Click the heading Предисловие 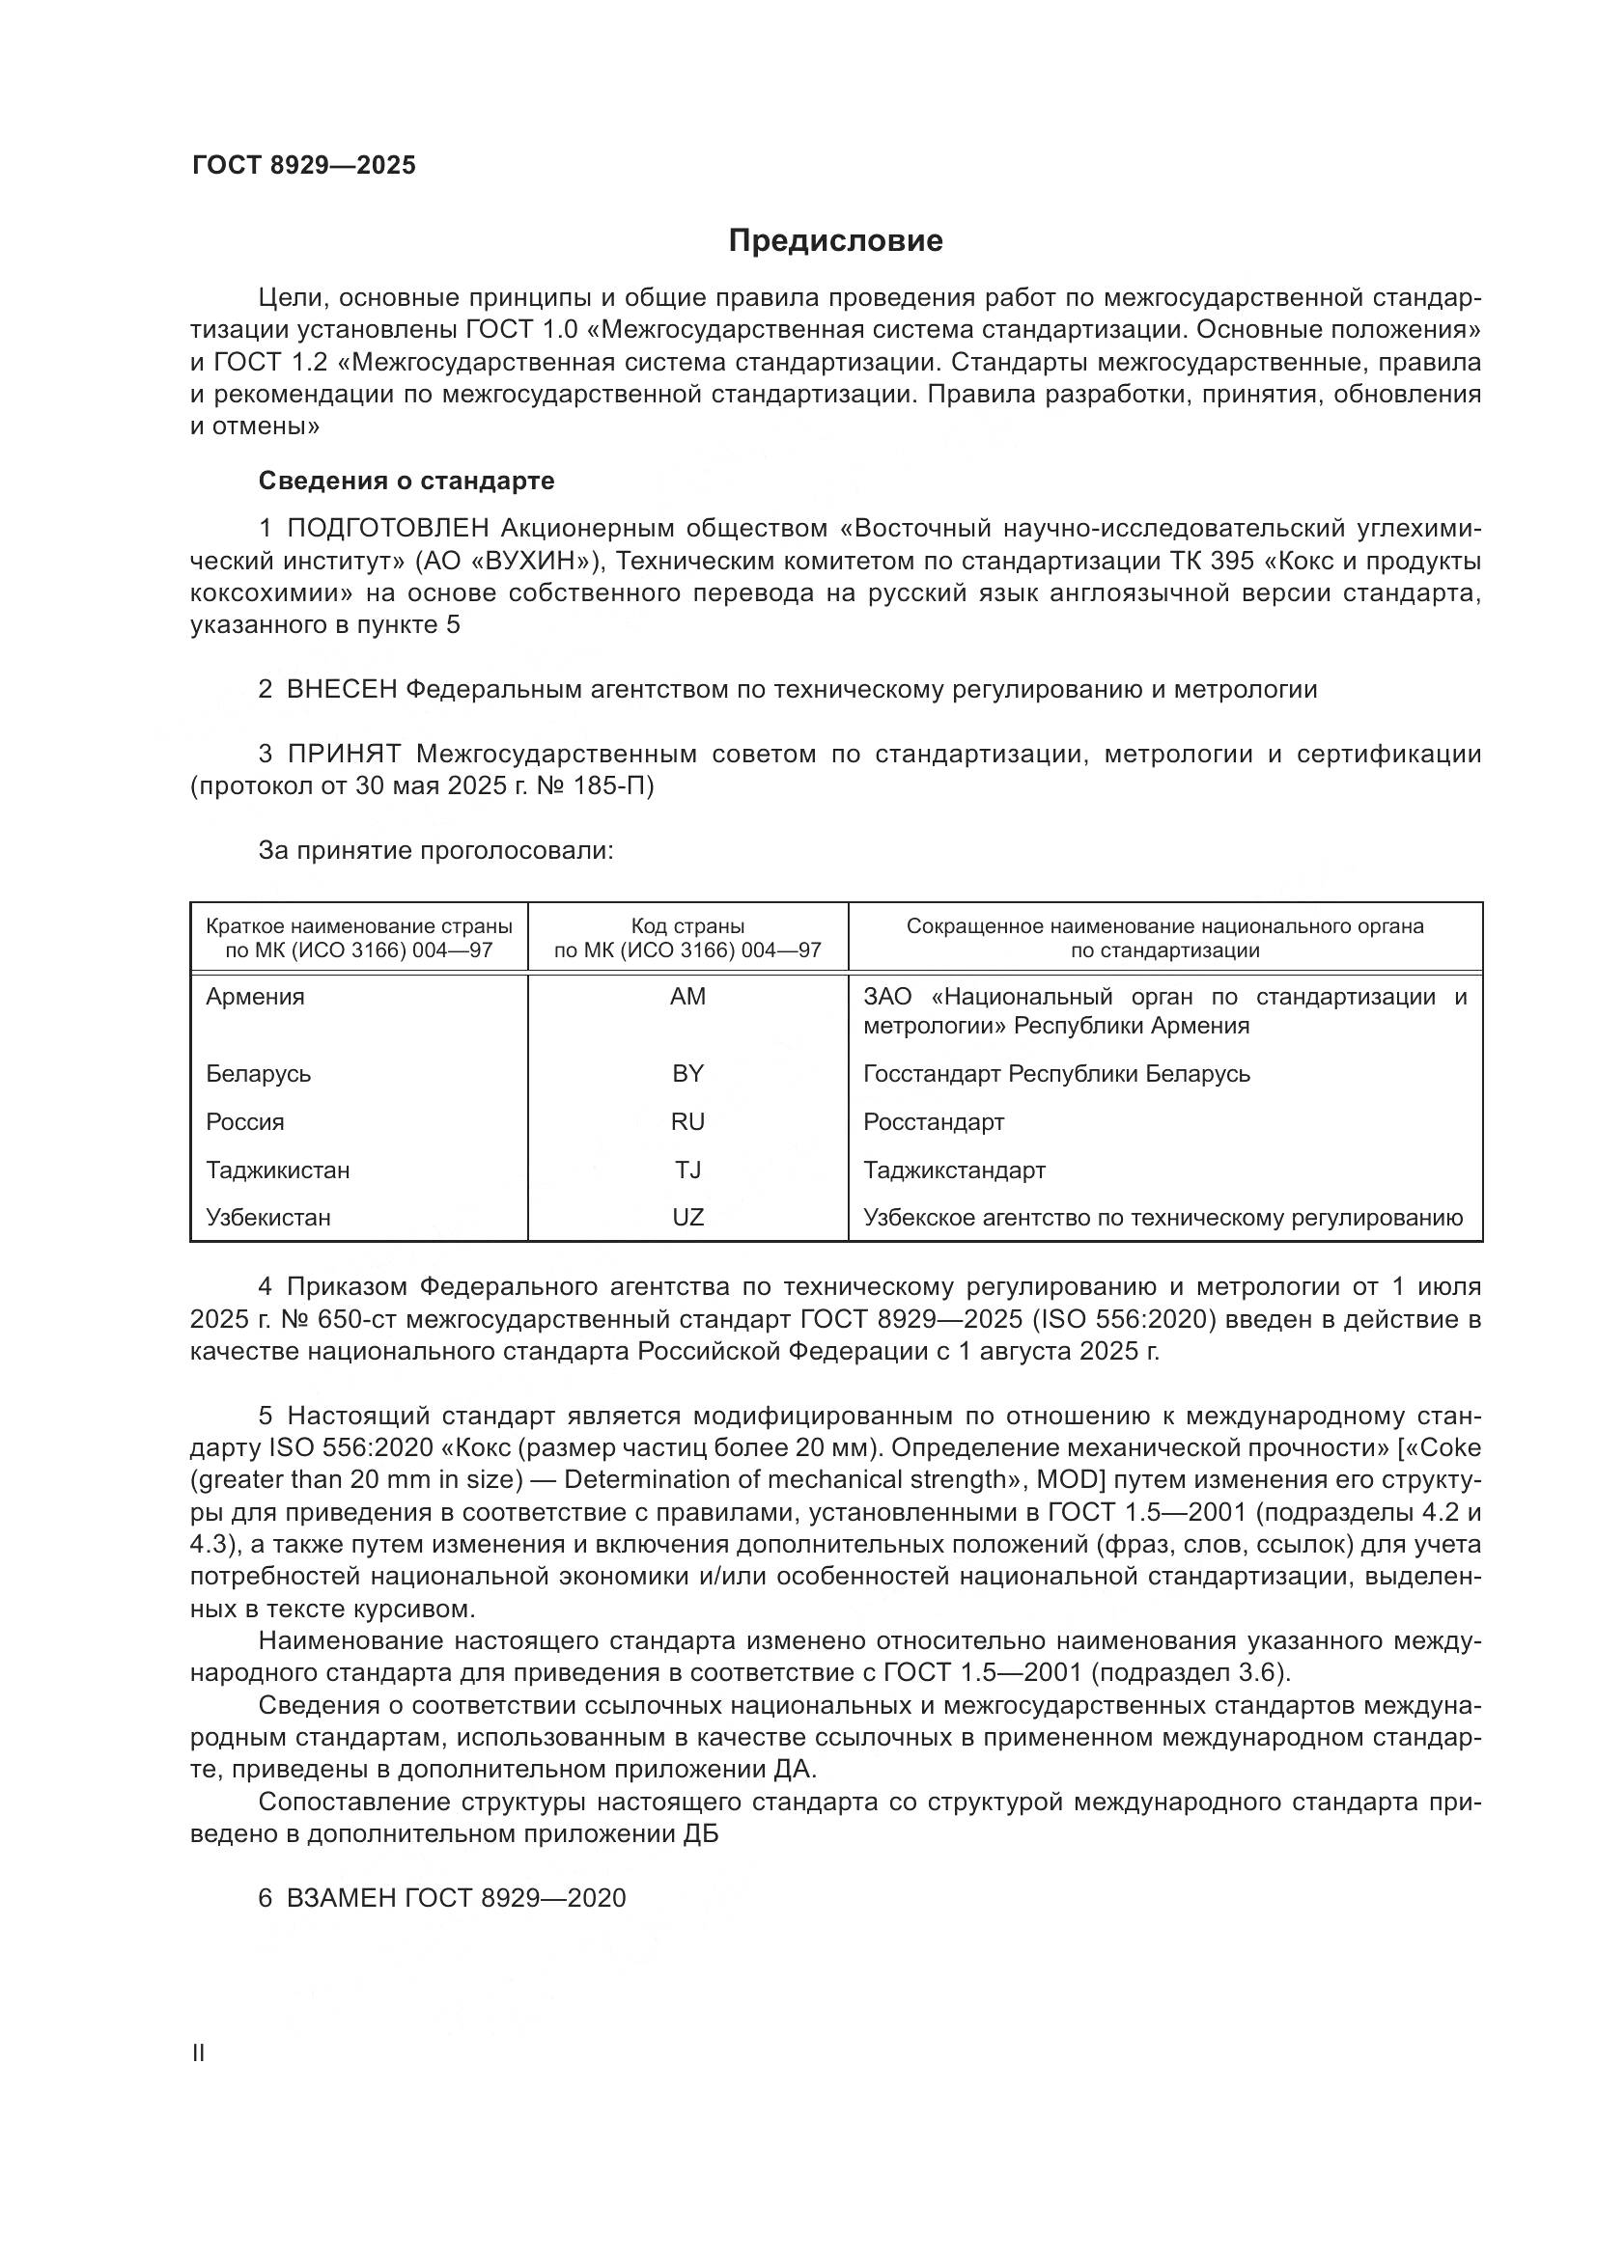(x=835, y=241)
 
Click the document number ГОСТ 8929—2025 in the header (x=303, y=165)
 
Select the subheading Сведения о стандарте (x=406, y=481)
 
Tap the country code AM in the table (x=687, y=997)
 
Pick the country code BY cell (x=687, y=1073)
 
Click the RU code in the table (x=687, y=1121)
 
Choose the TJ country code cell (x=687, y=1170)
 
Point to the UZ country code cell (x=687, y=1218)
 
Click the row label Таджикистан (x=277, y=1170)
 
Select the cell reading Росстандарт (x=934, y=1121)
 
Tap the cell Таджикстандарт (x=954, y=1170)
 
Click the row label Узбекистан (x=267, y=1218)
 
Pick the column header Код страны (x=687, y=926)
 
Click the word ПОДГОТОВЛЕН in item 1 (x=387, y=529)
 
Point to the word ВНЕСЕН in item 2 (x=341, y=689)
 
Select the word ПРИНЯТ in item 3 (x=344, y=754)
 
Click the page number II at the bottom (x=198, y=2053)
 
